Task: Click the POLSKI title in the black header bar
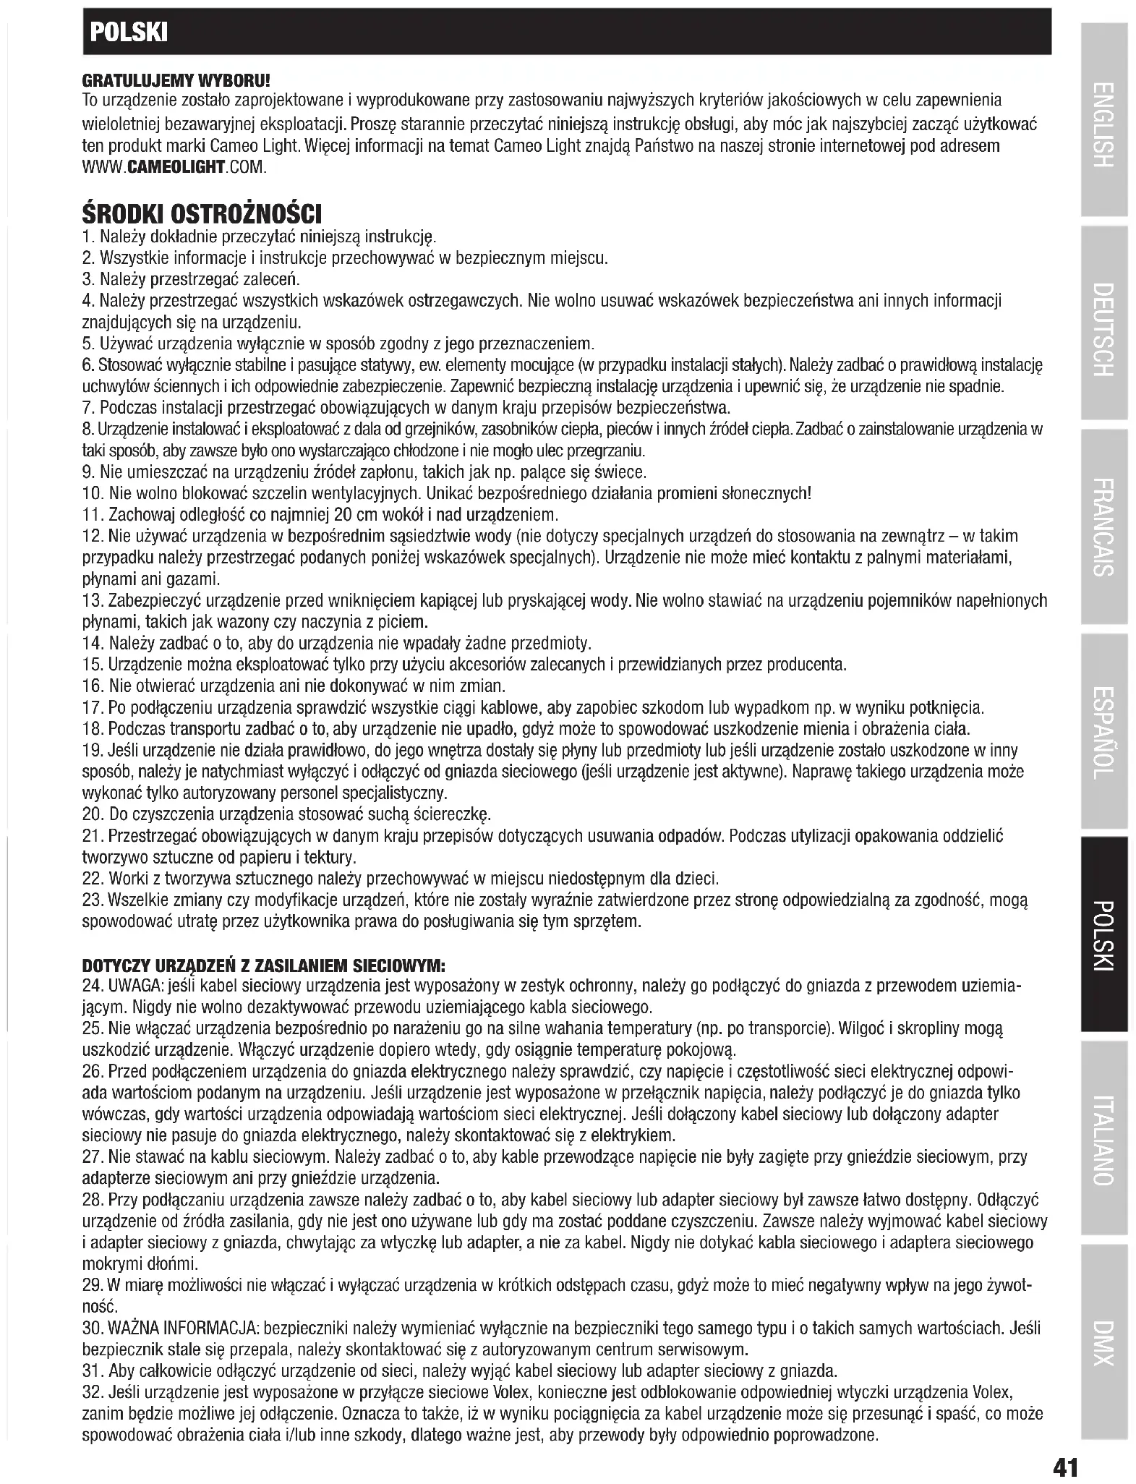[x=127, y=32]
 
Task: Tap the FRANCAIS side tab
[x=1103, y=526]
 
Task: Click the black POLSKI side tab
[x=1103, y=934]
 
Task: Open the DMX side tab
[x=1103, y=1343]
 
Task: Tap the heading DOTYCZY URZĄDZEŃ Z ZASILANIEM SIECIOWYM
[x=264, y=965]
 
